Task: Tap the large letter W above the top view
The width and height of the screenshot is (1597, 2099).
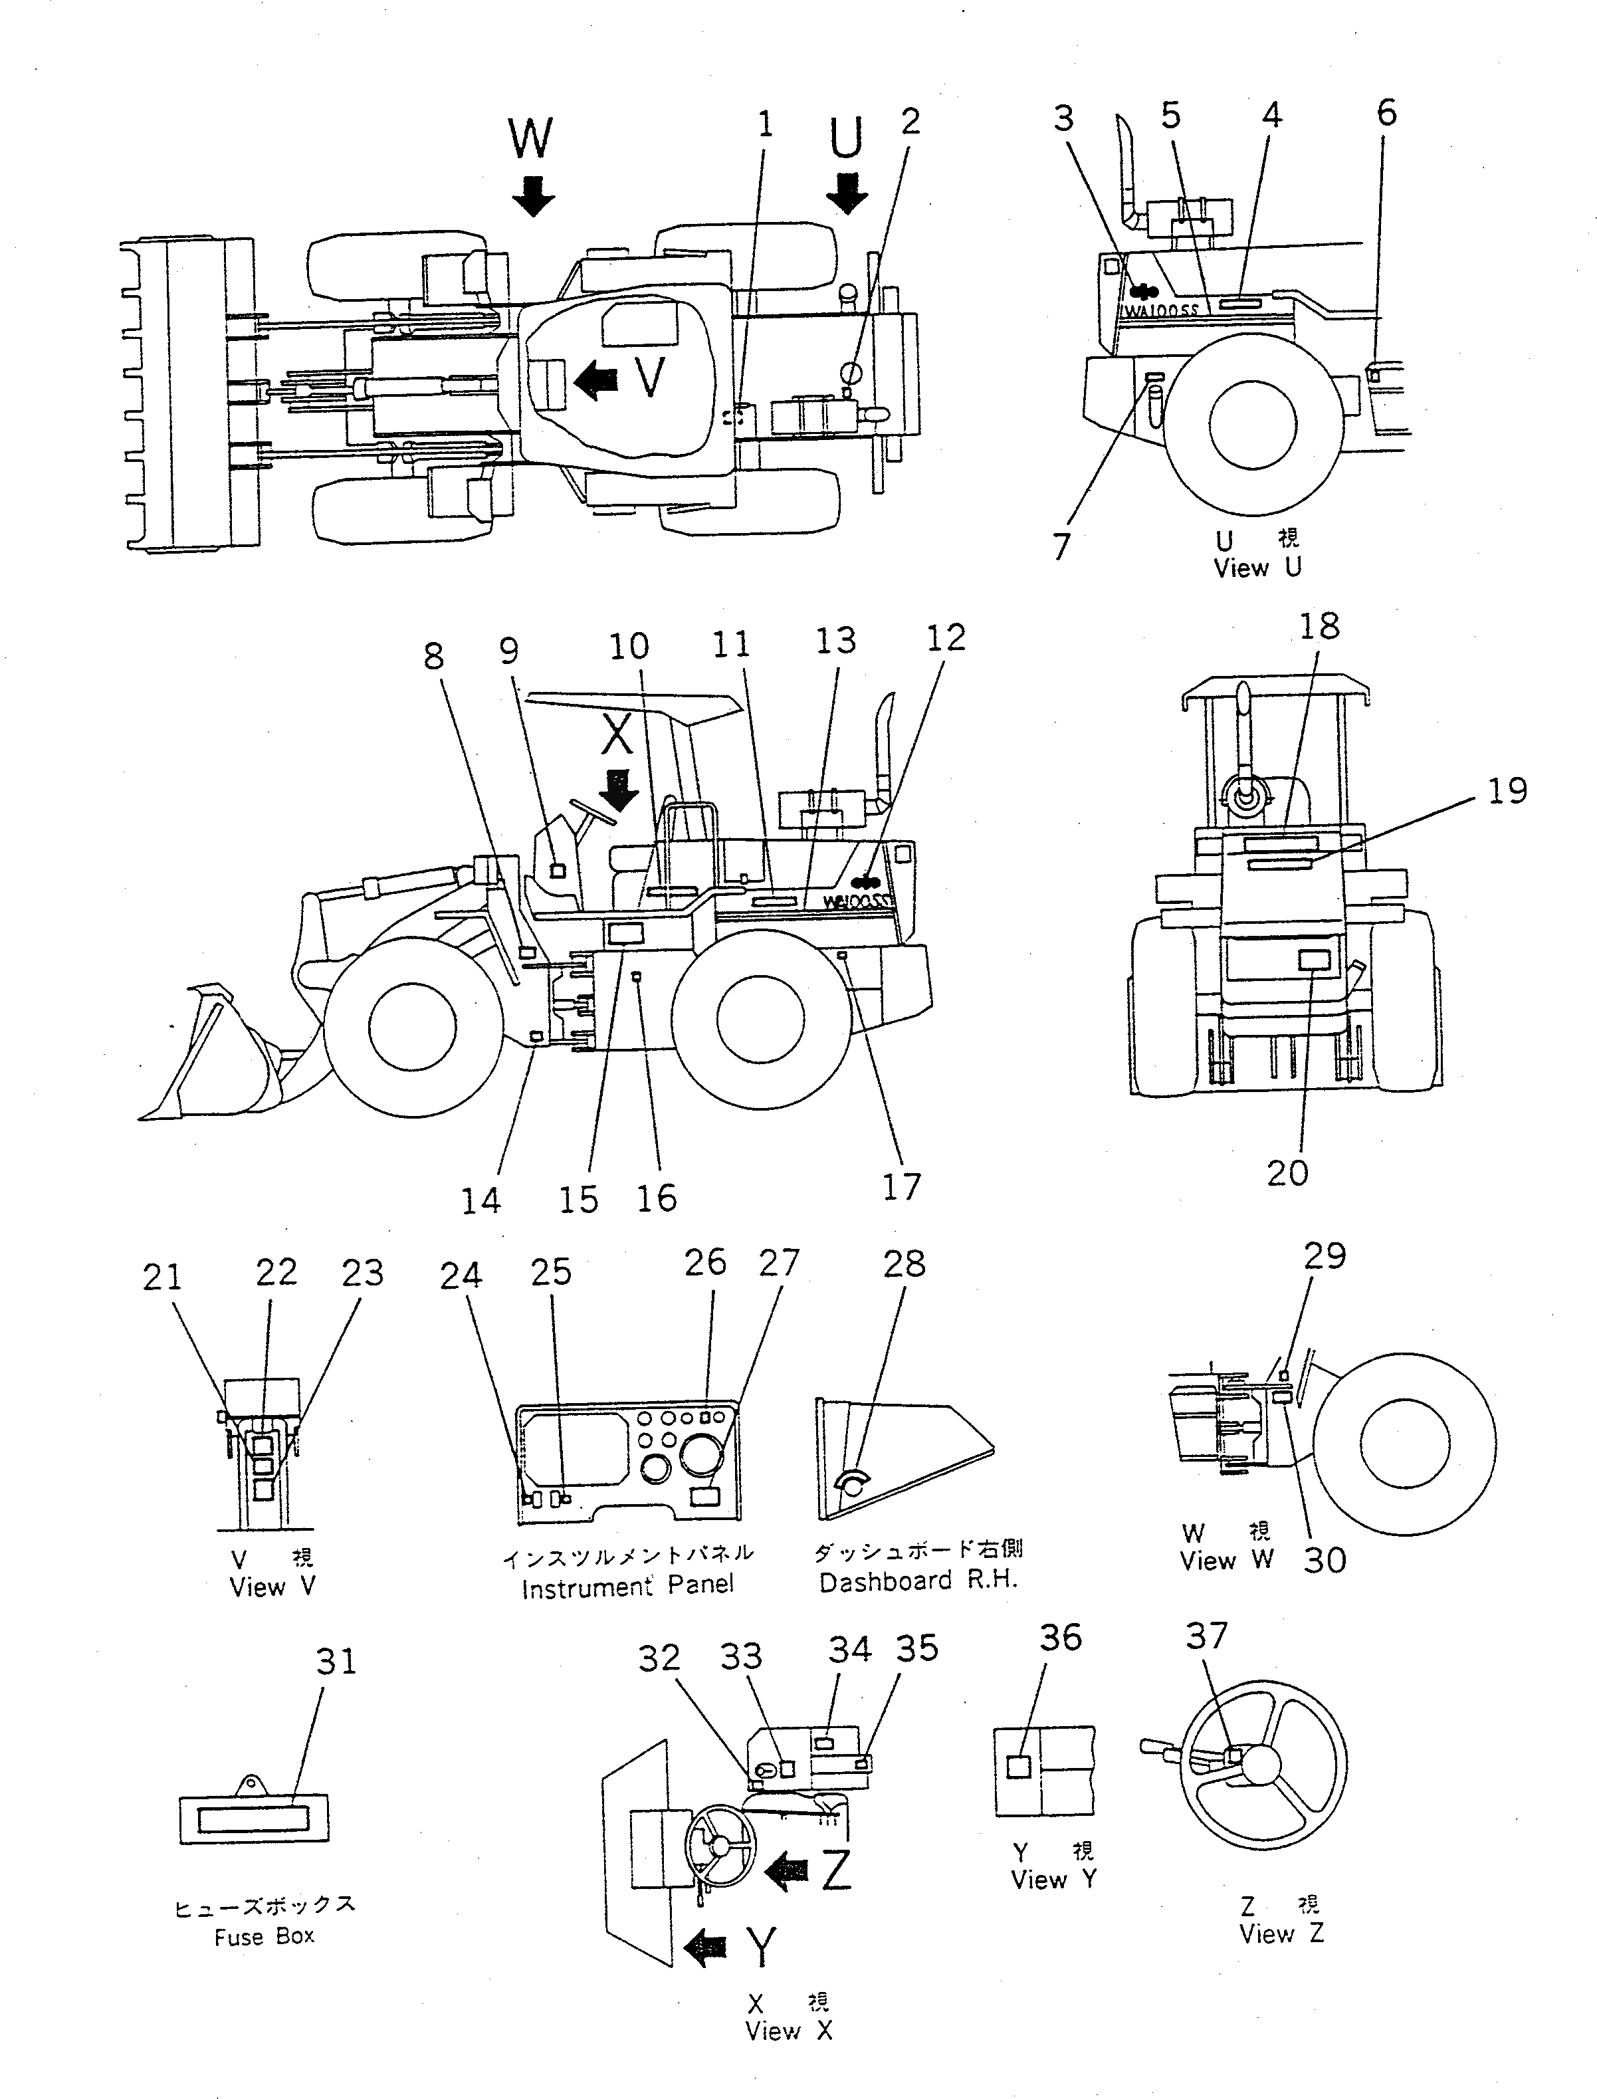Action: (530, 139)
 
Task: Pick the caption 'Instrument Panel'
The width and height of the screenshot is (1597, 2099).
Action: (627, 1587)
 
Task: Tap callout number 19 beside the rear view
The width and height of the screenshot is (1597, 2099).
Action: (1507, 791)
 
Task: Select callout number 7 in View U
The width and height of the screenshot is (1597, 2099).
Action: (1062, 546)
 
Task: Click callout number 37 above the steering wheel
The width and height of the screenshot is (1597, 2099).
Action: (1206, 1636)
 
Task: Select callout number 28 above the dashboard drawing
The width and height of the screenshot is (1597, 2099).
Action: (903, 1264)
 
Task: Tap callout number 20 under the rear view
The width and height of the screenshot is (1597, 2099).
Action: (1287, 1173)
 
